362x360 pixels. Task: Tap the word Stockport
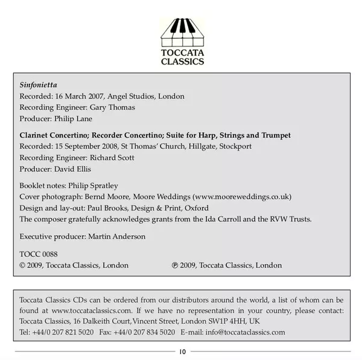[x=235, y=147]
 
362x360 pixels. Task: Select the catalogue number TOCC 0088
[x=39, y=254]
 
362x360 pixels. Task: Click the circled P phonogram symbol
[x=174, y=265]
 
